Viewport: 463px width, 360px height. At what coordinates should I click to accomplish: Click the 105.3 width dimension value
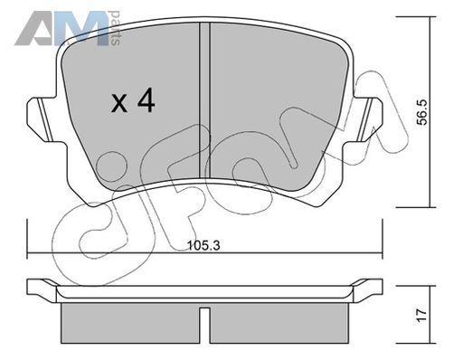point(204,245)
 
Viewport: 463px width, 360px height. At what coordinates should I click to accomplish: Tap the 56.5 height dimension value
point(422,112)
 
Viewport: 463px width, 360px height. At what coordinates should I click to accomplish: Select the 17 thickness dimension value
point(422,316)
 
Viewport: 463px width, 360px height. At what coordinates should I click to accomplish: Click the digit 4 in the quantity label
point(146,101)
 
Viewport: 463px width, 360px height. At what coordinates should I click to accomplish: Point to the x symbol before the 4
point(119,103)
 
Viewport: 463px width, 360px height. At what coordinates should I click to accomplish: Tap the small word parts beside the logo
point(116,28)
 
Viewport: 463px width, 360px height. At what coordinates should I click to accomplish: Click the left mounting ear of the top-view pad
point(43,118)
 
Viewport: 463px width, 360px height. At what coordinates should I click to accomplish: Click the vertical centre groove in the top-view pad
point(204,100)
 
